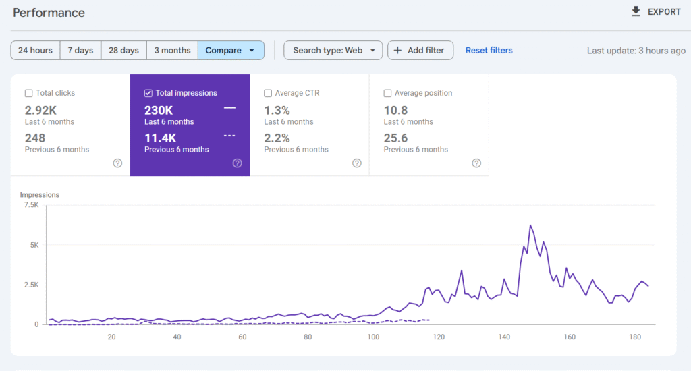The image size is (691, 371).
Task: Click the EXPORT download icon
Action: point(636,11)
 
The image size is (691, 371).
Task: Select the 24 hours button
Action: point(35,51)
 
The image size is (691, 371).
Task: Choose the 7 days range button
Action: point(80,51)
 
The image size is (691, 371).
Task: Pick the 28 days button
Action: point(123,51)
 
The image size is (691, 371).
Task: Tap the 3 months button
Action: point(172,51)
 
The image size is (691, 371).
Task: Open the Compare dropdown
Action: point(231,51)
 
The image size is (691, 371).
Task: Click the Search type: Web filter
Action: point(333,51)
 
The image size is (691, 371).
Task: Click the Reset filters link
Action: point(489,51)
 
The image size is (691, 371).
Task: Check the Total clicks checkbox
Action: point(29,94)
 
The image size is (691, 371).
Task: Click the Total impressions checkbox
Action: point(148,94)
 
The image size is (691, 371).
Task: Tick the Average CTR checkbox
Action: point(269,94)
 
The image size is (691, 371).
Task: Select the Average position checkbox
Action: point(388,94)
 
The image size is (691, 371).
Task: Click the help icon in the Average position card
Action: point(476,163)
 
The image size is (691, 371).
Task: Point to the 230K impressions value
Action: point(159,111)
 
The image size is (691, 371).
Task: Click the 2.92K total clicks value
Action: point(41,111)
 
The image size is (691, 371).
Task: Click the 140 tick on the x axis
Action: point(504,337)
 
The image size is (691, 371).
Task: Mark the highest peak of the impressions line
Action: point(530,225)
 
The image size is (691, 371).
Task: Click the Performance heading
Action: point(49,13)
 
